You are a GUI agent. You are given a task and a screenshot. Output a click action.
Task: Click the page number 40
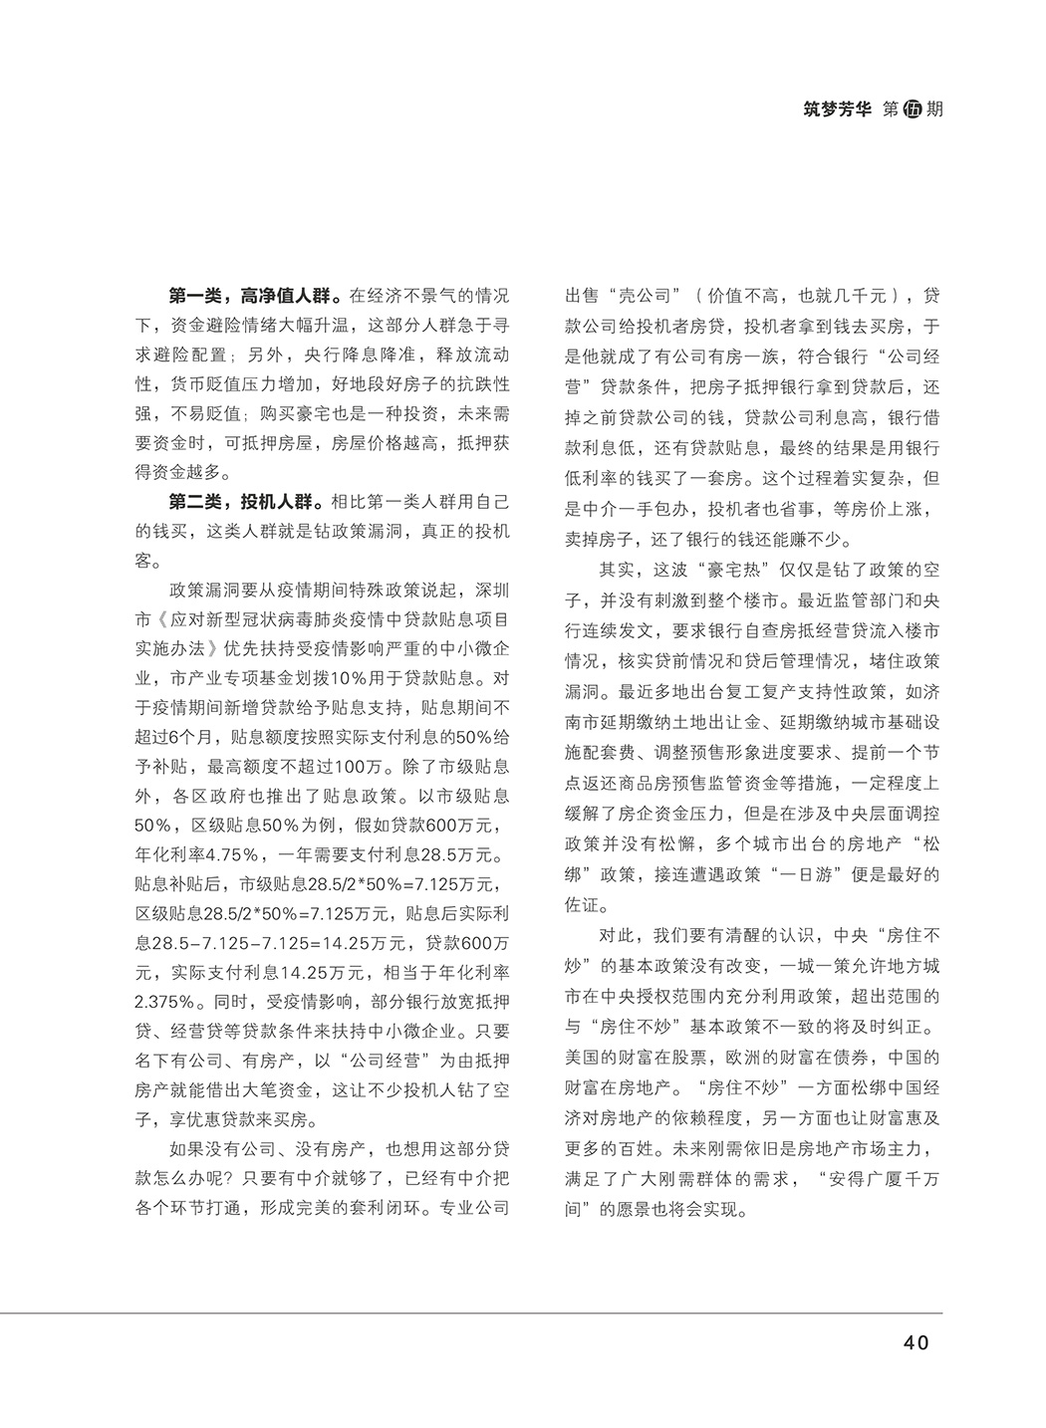pos(915,1341)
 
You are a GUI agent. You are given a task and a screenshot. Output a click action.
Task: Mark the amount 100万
pos(359,768)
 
